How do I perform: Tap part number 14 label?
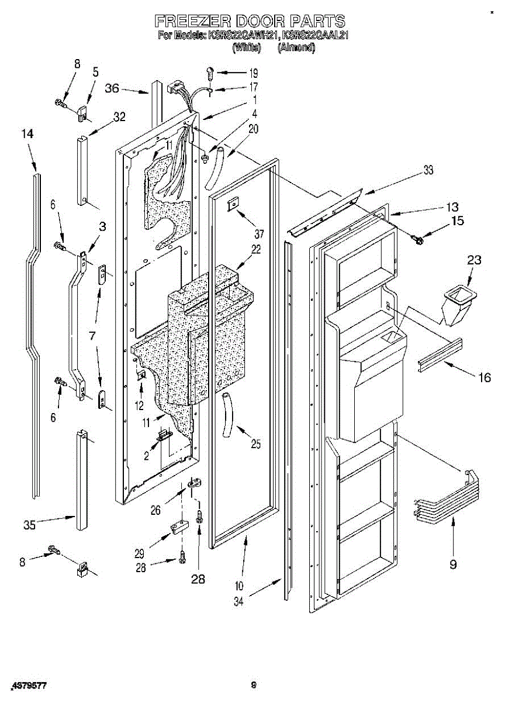tap(27, 134)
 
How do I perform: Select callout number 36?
tap(112, 88)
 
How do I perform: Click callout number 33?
tap(428, 171)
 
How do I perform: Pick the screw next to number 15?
tap(418, 239)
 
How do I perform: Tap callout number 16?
tap(484, 377)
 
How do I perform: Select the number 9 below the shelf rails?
tap(453, 564)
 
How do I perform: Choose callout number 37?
tap(259, 233)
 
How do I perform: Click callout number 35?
tap(29, 525)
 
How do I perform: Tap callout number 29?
tap(139, 553)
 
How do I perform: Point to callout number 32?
tap(119, 117)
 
